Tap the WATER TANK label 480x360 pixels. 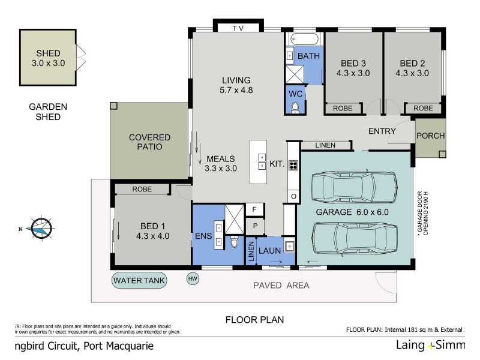[140, 280]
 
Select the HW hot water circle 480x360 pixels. [193, 279]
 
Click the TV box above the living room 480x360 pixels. [238, 28]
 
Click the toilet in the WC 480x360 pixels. [295, 107]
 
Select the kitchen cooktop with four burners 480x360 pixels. [293, 166]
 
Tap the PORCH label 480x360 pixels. [430, 136]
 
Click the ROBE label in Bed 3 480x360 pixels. [343, 109]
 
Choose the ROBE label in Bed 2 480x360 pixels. [423, 109]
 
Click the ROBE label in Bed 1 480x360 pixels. [142, 189]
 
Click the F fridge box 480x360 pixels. [254, 209]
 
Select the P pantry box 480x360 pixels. [254, 226]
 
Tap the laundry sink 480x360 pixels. [289, 246]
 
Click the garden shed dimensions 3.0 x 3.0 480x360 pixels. [48, 62]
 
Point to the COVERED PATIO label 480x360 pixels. [149, 142]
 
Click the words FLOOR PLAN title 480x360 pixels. [254, 320]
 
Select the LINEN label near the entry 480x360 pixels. [326, 145]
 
